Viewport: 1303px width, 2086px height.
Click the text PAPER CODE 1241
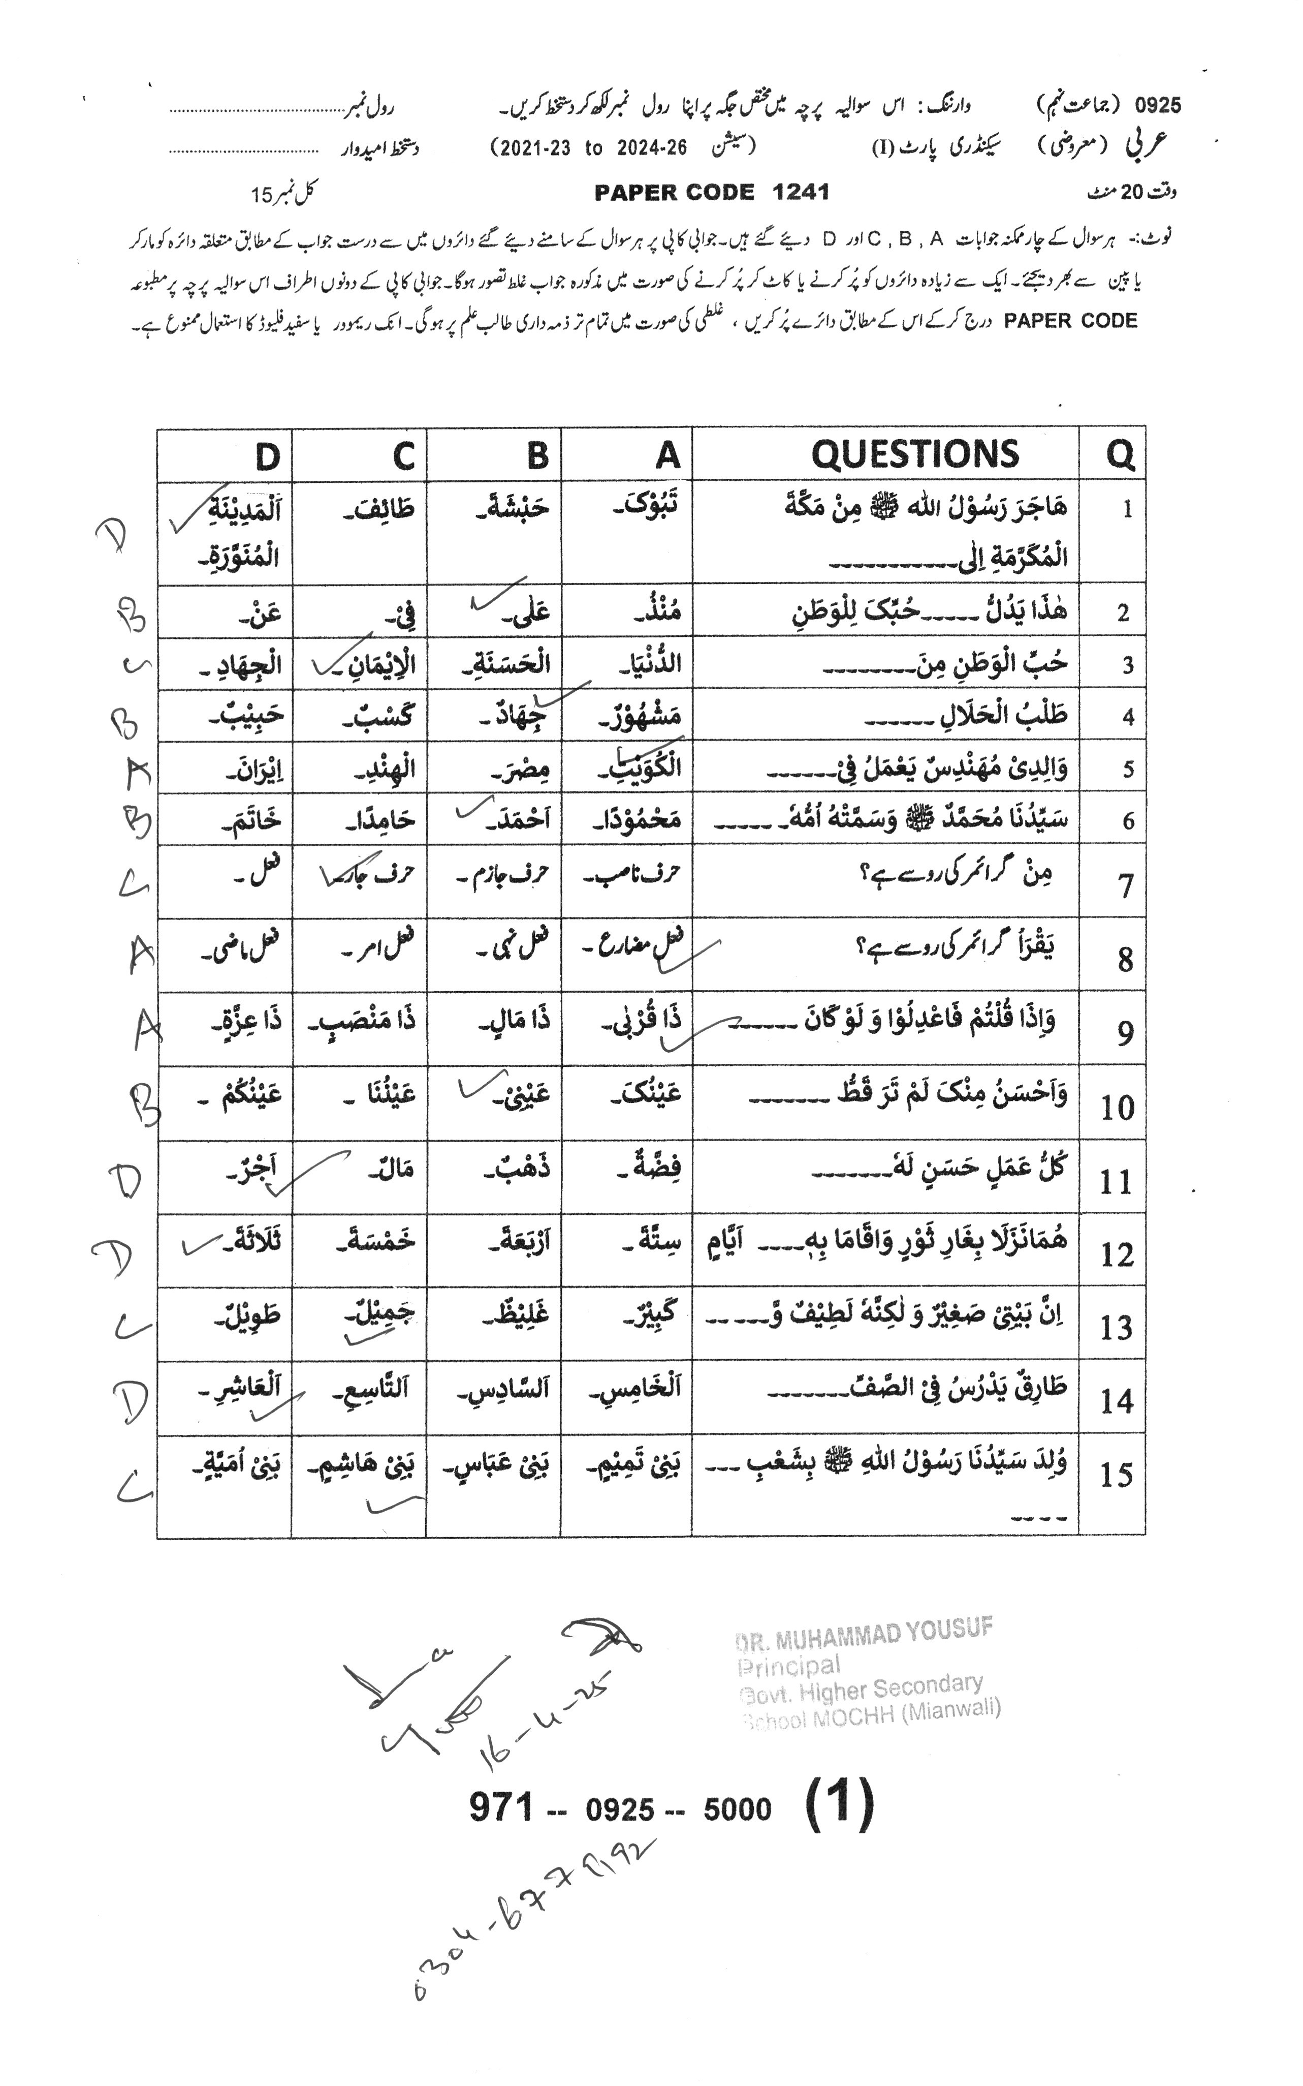[x=711, y=192]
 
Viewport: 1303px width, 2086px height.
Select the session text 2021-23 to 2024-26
[x=589, y=147]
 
